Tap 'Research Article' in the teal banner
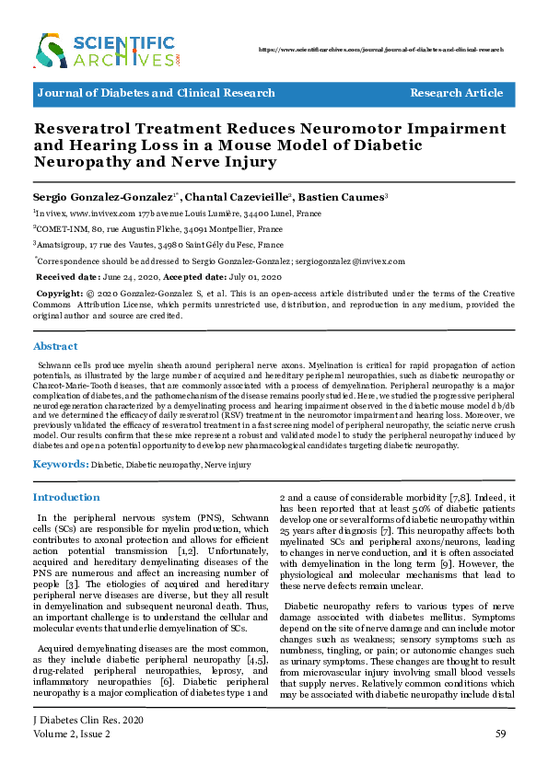click(456, 93)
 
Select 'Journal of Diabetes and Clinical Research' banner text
click(156, 93)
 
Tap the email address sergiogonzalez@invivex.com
click(348, 260)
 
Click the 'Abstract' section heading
click(55, 346)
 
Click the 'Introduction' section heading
click(66, 497)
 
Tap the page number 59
click(501, 734)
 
